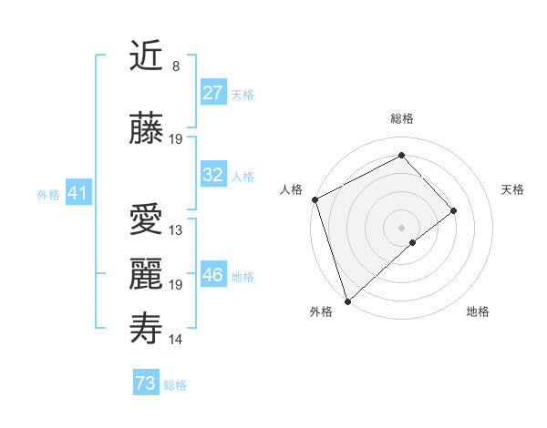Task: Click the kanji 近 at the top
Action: (147, 56)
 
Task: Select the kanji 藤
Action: (147, 129)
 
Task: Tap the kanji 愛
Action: (147, 219)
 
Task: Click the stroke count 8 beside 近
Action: (175, 66)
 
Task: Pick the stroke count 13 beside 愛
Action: (176, 230)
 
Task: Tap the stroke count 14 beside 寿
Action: (176, 340)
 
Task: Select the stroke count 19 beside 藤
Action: (176, 139)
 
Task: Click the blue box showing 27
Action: (212, 93)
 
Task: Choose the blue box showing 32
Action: (212, 175)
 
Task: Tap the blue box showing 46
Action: (212, 275)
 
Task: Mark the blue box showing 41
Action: (77, 193)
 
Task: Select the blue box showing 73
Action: (145, 383)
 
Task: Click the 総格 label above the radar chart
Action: (402, 119)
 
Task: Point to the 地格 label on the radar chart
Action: (478, 312)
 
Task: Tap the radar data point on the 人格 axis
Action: (315, 199)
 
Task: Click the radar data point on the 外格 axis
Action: (347, 301)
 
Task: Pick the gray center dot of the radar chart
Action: (401, 228)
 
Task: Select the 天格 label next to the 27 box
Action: (242, 95)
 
